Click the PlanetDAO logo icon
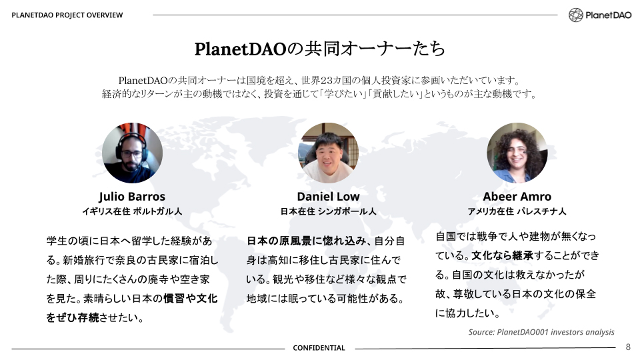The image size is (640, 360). coord(576,15)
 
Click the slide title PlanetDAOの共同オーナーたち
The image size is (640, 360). coord(320,49)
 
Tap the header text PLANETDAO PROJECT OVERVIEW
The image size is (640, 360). coord(67,15)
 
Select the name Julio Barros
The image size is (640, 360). coord(132,197)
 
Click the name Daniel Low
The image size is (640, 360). coord(328,197)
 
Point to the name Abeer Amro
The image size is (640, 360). coord(517,197)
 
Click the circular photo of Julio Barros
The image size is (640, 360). coord(132,153)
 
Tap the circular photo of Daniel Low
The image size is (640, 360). coord(328,153)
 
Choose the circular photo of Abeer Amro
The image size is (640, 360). coord(517,153)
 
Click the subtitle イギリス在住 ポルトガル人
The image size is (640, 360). coord(132,211)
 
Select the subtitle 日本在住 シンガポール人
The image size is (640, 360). coord(328,211)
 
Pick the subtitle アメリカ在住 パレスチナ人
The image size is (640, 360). coord(517,211)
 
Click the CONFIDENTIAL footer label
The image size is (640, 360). coord(319,348)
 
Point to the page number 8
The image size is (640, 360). coord(627,347)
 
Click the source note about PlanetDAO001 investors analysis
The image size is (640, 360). coord(541,332)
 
